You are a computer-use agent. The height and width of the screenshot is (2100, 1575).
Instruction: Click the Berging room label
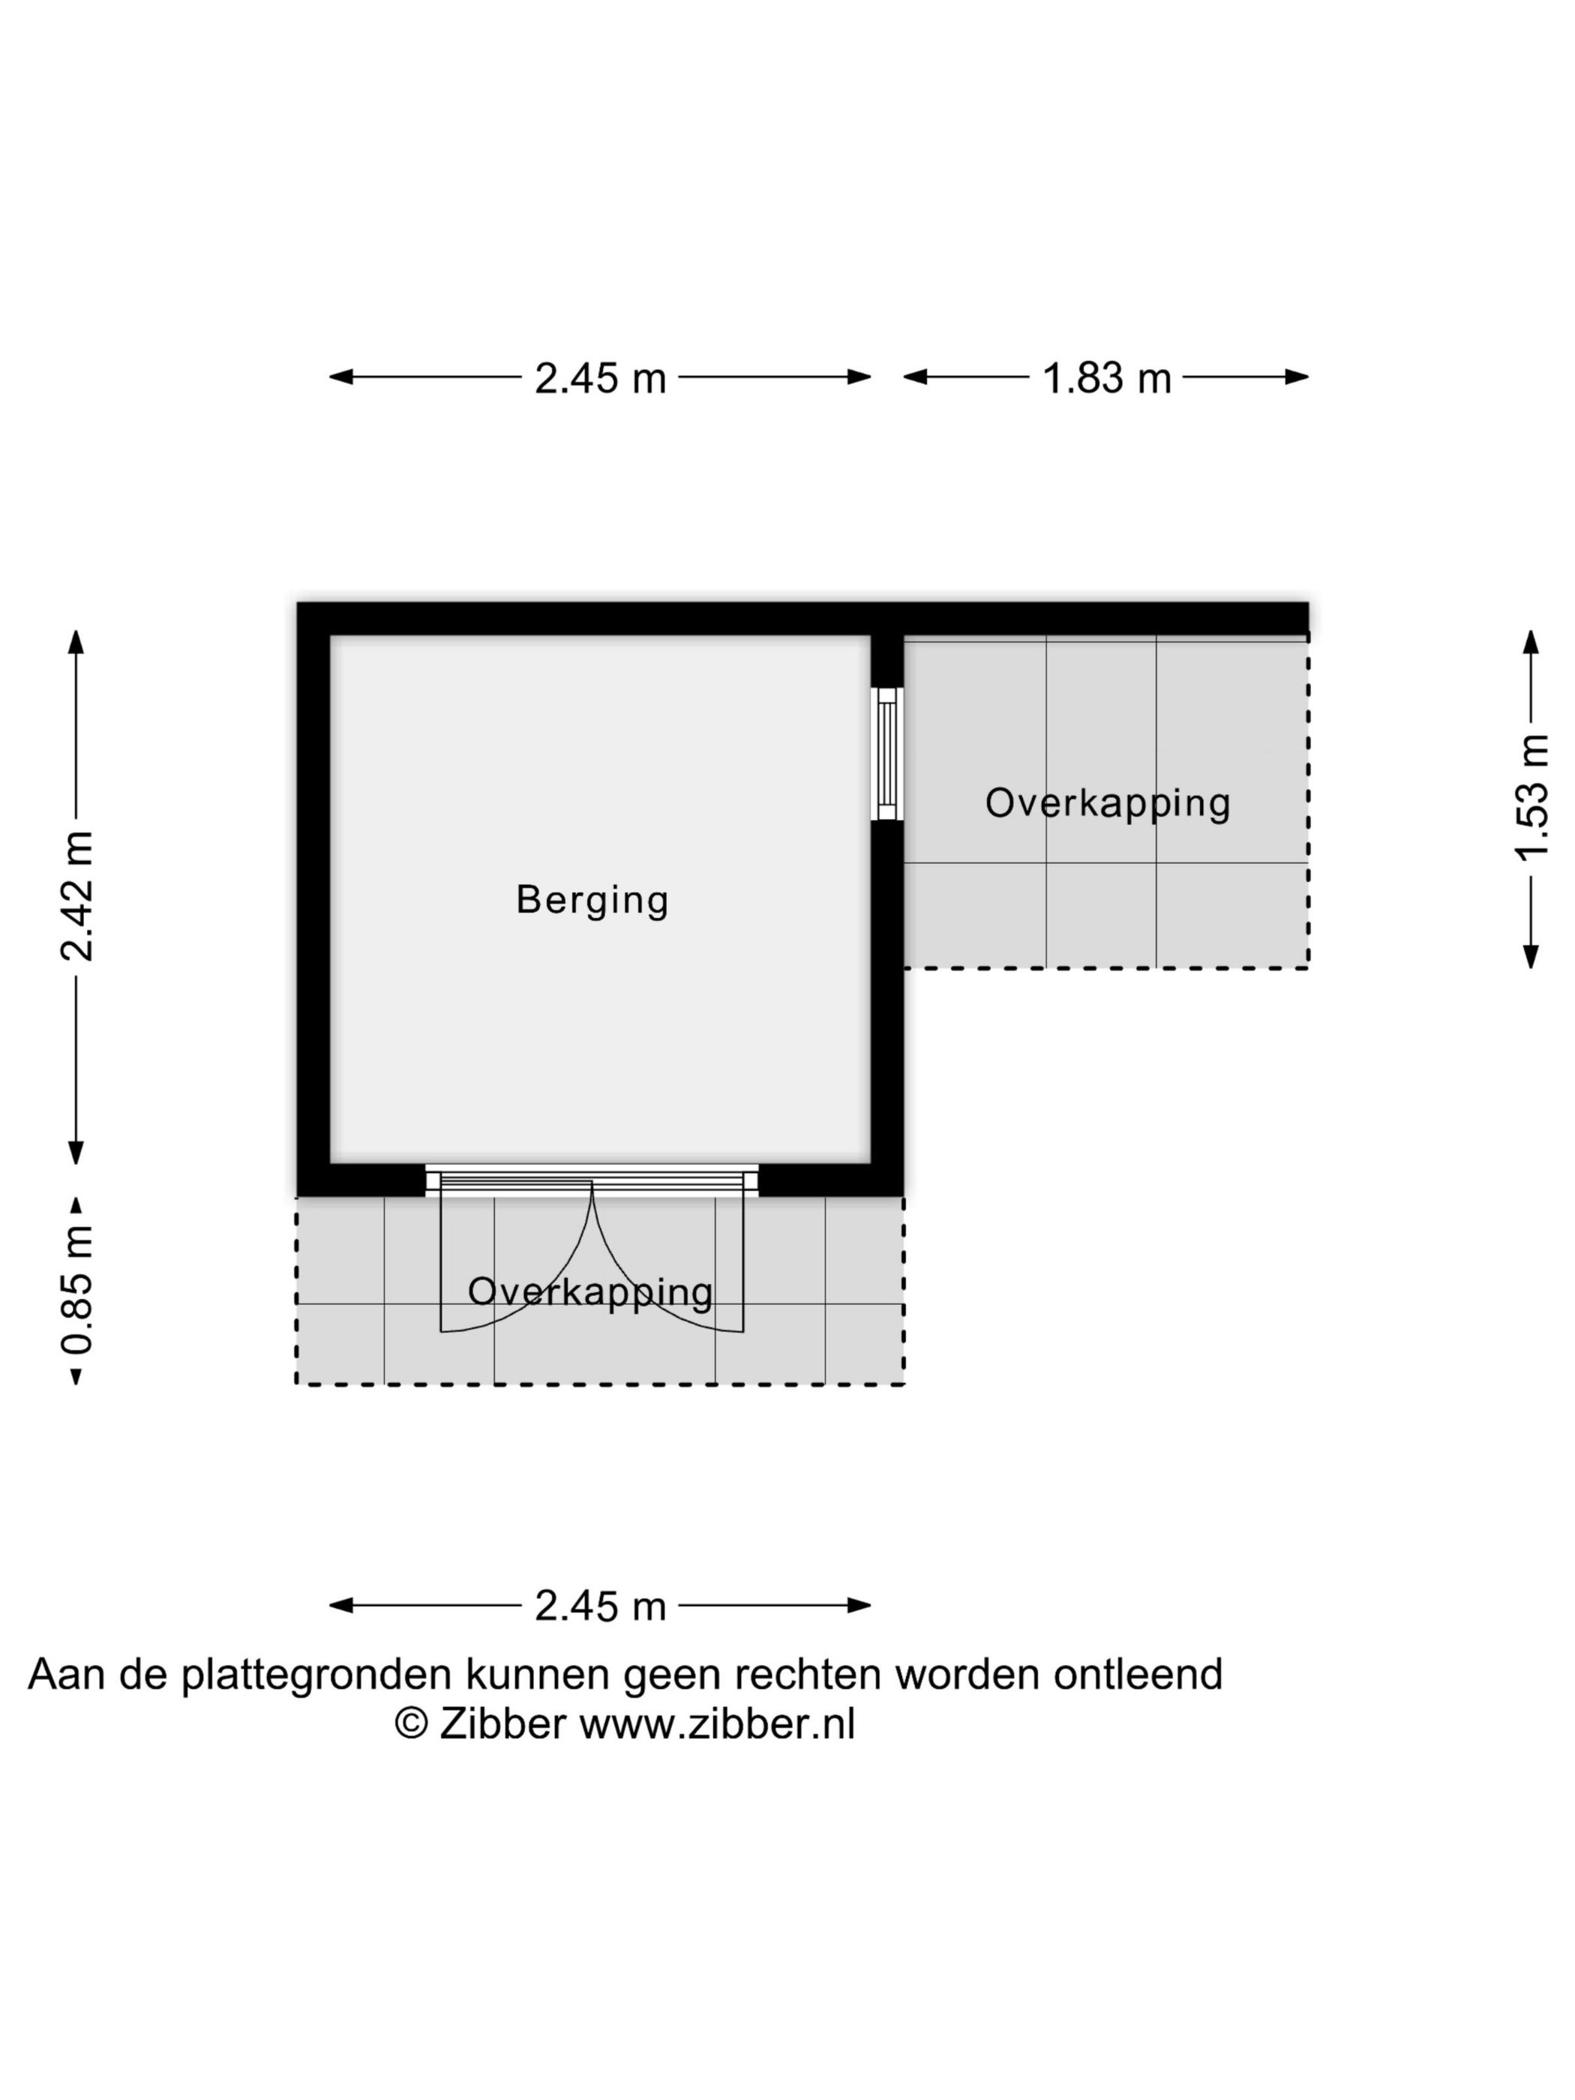592,899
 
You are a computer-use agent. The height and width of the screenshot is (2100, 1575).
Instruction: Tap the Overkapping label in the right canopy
1107,803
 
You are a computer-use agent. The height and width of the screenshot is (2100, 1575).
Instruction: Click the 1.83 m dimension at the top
1106,378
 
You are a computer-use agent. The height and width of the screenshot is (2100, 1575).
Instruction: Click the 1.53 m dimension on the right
1531,796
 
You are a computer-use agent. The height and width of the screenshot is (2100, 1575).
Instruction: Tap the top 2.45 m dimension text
600,378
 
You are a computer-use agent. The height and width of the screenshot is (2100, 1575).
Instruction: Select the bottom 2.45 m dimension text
600,1606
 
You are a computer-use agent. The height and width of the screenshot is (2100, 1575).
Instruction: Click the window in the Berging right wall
886,754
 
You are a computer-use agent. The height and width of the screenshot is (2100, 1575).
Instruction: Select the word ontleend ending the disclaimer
1137,1675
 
